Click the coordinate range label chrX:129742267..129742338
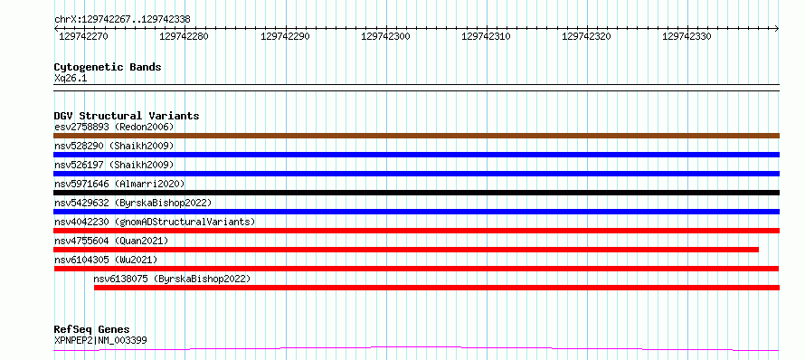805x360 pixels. [x=122, y=20]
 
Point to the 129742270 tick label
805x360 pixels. [x=84, y=36]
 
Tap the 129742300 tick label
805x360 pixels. [x=385, y=36]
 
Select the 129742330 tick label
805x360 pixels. [x=687, y=36]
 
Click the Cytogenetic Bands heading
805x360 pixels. [x=108, y=67]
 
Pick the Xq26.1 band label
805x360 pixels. [x=71, y=79]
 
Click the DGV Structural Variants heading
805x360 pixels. [x=127, y=116]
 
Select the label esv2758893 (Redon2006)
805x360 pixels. [x=114, y=127]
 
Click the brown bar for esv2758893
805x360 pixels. [x=416, y=136]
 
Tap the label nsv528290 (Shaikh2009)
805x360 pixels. [x=114, y=146]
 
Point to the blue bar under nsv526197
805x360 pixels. [x=416, y=174]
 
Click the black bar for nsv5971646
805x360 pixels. [x=416, y=193]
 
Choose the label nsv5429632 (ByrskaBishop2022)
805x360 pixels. [x=133, y=203]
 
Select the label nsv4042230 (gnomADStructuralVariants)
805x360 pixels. [x=155, y=222]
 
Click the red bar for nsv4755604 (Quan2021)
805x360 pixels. [x=406, y=250]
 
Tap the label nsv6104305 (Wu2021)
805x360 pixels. [x=106, y=260]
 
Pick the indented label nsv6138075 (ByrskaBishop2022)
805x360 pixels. [x=172, y=279]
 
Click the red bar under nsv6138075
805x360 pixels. [x=437, y=288]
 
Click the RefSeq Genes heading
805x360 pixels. [x=92, y=330]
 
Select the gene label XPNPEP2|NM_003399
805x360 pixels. [x=100, y=340]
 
